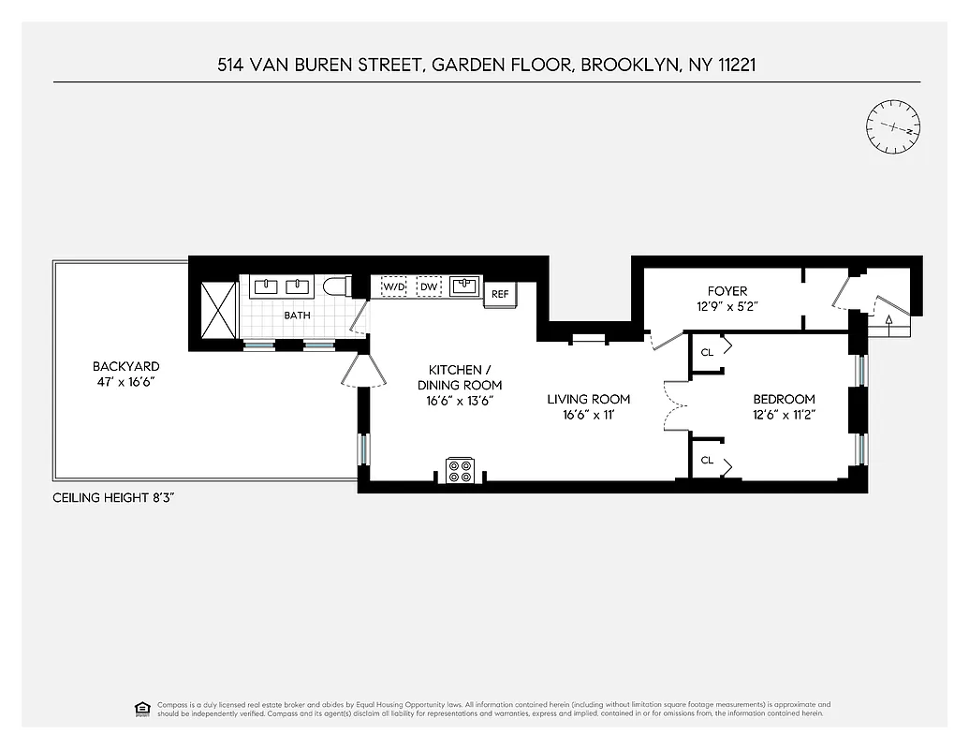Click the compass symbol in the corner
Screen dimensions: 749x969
(x=893, y=127)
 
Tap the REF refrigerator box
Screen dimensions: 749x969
(x=500, y=294)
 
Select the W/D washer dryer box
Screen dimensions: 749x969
(x=393, y=286)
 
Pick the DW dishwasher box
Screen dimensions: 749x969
(x=429, y=286)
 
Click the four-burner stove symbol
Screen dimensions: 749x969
(x=461, y=470)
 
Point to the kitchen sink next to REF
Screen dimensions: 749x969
(x=464, y=285)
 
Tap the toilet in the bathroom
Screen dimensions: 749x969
(x=334, y=286)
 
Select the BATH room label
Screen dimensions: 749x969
(x=297, y=316)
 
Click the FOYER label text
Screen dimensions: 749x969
(x=727, y=291)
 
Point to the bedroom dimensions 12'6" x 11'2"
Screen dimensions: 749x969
(x=784, y=414)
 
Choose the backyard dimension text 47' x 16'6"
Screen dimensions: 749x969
(x=125, y=382)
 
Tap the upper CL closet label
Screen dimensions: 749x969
(x=707, y=352)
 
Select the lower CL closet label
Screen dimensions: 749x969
(x=707, y=460)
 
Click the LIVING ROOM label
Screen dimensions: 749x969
(x=589, y=399)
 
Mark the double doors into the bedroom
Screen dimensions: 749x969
(x=672, y=404)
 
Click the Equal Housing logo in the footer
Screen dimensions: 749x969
(x=142, y=708)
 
